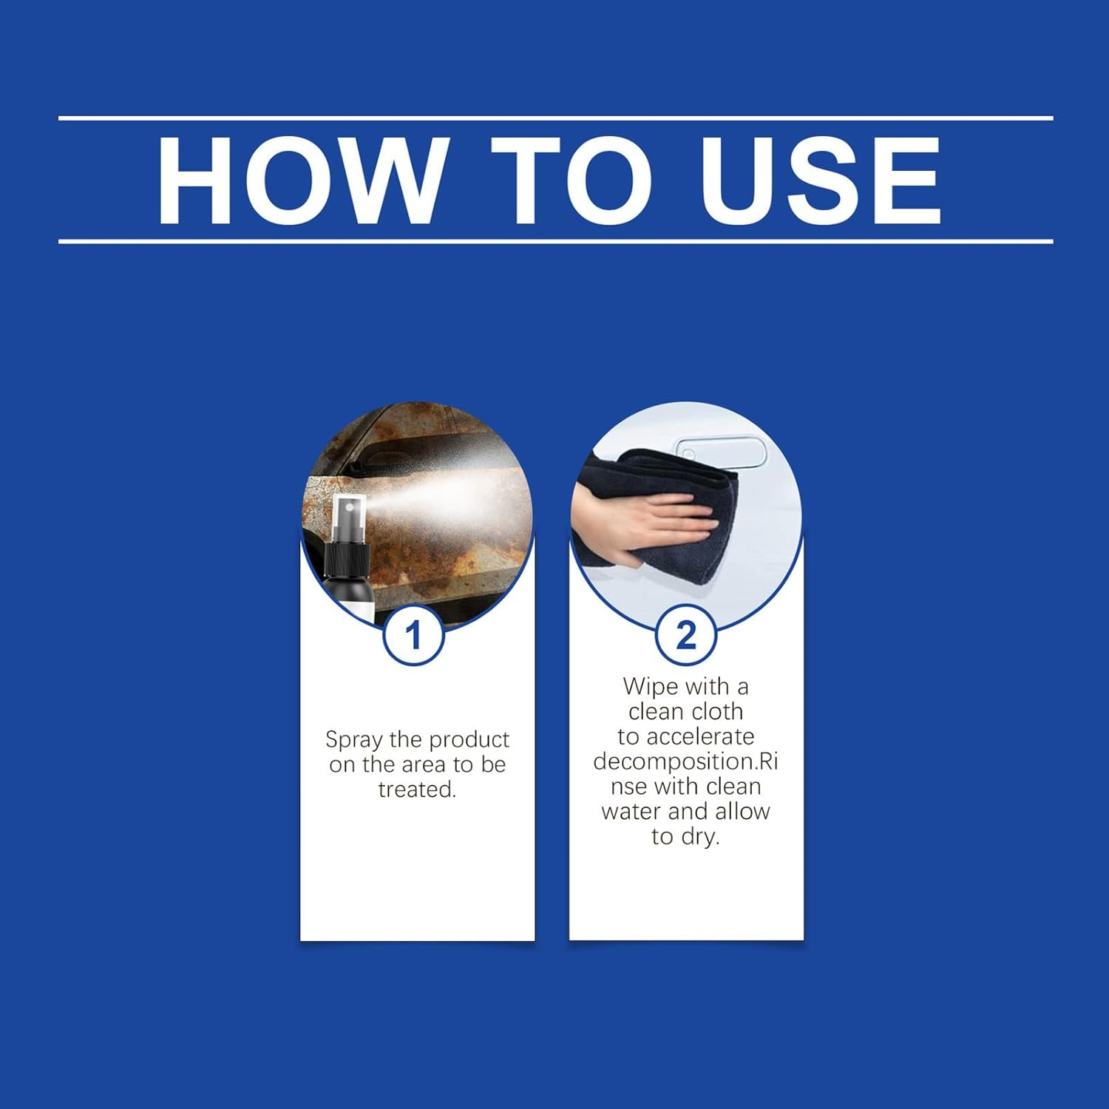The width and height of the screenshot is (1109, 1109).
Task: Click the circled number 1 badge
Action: point(413,635)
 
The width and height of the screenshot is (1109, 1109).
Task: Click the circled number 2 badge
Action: point(685,635)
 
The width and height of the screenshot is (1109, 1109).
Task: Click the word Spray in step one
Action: point(354,740)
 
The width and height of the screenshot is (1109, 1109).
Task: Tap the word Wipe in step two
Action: point(651,687)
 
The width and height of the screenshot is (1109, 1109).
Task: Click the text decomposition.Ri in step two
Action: point(685,762)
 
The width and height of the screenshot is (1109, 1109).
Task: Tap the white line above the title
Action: point(554,118)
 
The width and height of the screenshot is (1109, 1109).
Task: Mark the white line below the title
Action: point(554,242)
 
